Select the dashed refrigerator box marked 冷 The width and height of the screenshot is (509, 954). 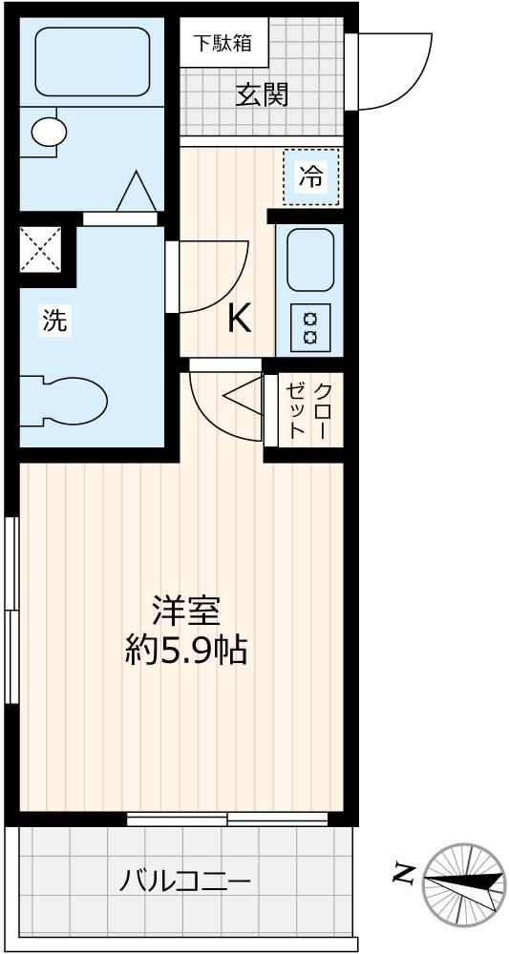point(311,176)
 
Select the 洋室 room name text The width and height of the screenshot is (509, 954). point(186,611)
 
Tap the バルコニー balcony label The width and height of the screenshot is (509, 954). point(186,880)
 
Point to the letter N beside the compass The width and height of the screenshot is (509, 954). point(404,871)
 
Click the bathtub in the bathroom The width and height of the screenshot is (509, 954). point(92,61)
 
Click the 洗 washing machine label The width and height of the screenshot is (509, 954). point(54,321)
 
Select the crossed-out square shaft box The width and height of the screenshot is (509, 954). point(41,250)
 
